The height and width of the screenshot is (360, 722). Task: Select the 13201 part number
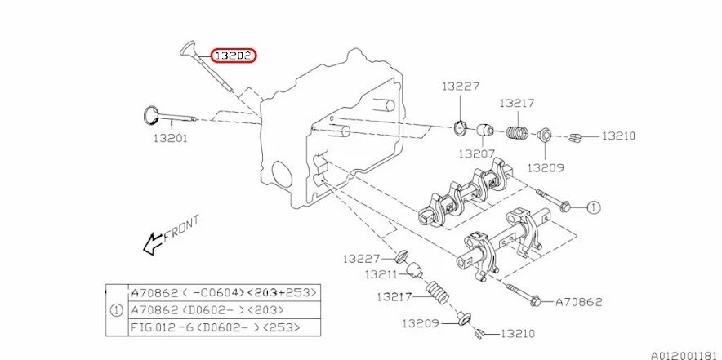click(170, 138)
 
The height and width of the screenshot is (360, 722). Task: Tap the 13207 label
click(476, 153)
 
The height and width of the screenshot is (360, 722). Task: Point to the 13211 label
click(380, 274)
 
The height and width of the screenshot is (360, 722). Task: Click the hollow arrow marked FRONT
click(152, 242)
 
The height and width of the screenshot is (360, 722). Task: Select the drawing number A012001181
click(684, 354)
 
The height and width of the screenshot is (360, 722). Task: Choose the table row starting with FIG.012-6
click(216, 327)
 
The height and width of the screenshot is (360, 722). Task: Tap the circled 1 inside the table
click(116, 309)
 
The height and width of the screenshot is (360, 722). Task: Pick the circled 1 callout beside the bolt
click(593, 207)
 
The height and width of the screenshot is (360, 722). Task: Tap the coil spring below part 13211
click(439, 291)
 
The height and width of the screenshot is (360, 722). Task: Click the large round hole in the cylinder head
click(279, 174)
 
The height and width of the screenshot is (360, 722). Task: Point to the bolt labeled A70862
click(523, 295)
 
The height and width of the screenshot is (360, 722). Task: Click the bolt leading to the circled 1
click(552, 200)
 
